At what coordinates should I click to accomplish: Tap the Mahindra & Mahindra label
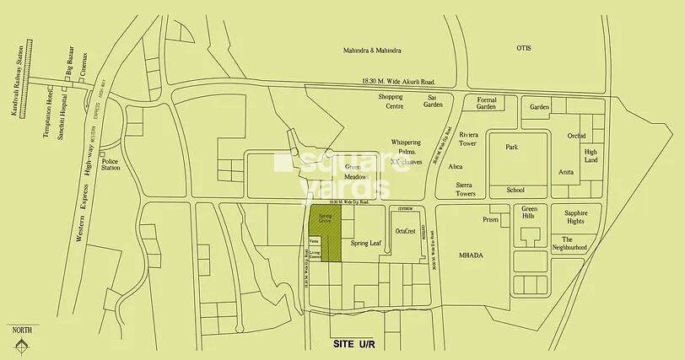tap(370, 51)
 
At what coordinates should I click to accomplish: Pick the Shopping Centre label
tap(390, 101)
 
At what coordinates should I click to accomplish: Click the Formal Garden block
tap(486, 104)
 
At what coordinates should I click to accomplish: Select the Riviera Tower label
tap(469, 139)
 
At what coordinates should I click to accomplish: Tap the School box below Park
tap(515, 191)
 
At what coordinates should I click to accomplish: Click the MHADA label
tap(470, 254)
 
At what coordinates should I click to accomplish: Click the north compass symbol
tap(23, 344)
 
